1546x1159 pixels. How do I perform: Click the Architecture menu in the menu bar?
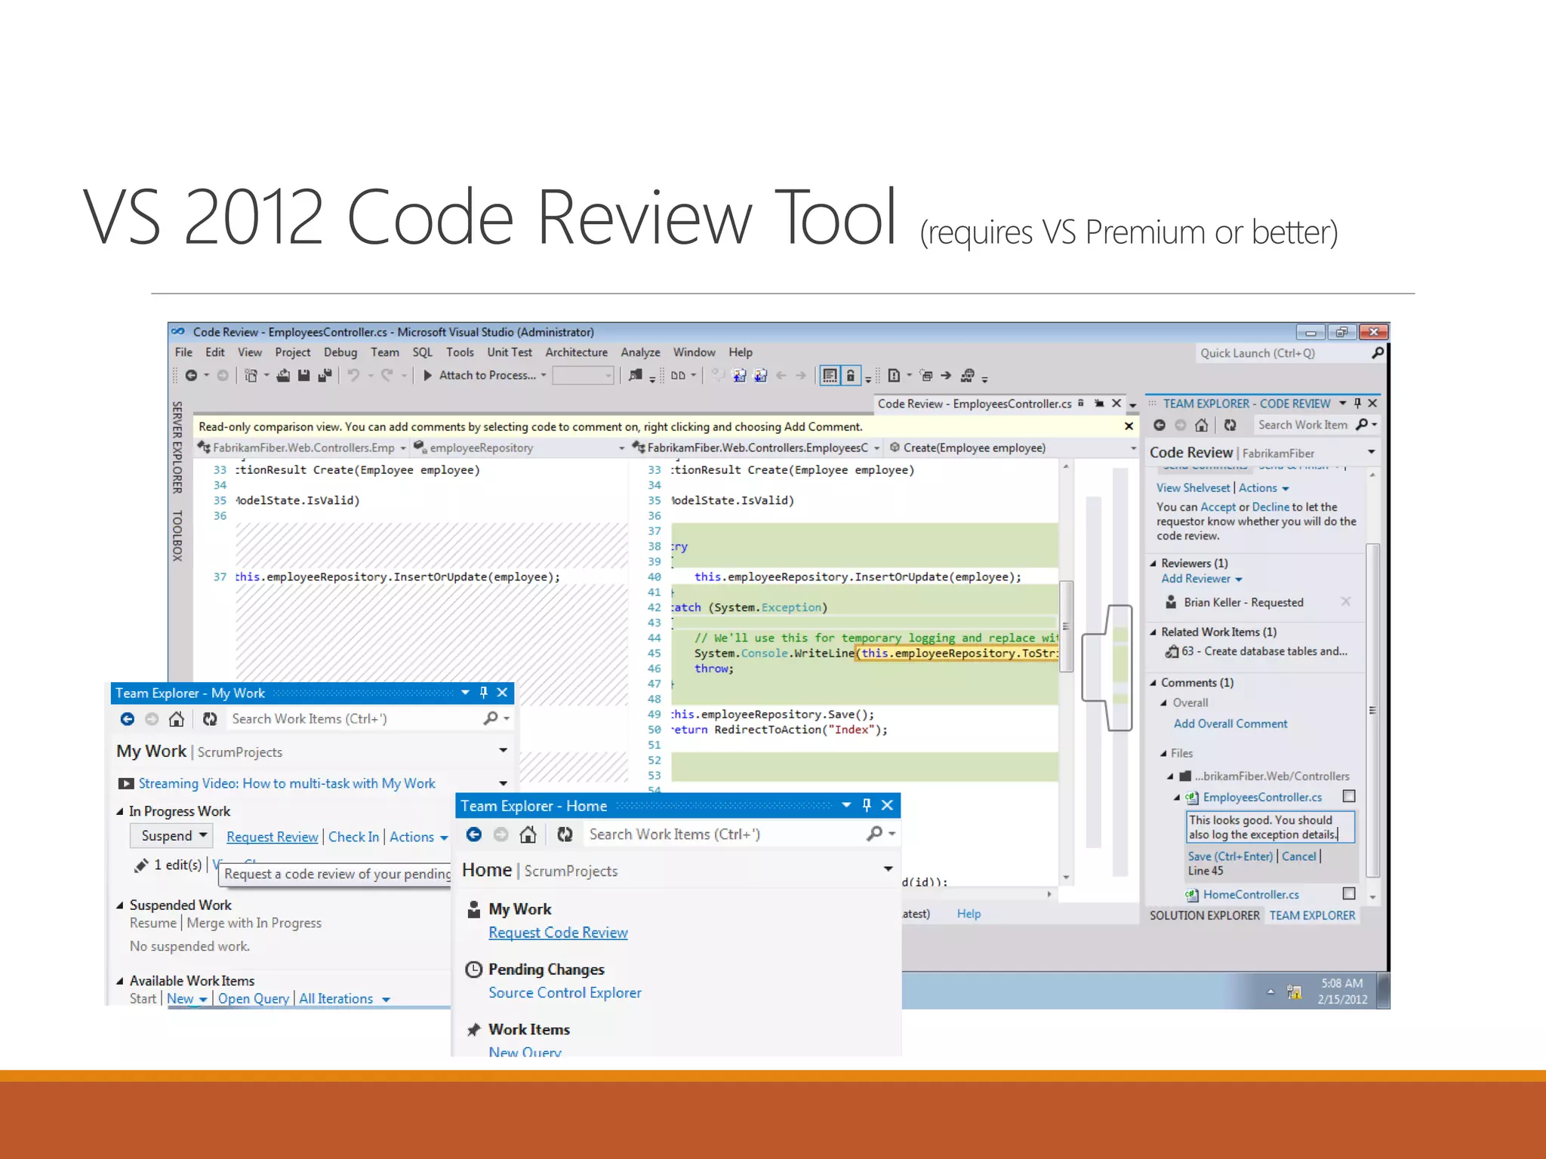pyautogui.click(x=576, y=352)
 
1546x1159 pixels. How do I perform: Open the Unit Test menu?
pyautogui.click(x=509, y=352)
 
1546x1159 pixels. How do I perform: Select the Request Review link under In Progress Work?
pyautogui.click(x=272, y=837)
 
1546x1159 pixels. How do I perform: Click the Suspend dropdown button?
pyautogui.click(x=173, y=836)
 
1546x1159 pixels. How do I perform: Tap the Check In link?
pyautogui.click(x=353, y=837)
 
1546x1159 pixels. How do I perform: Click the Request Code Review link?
pyautogui.click(x=558, y=933)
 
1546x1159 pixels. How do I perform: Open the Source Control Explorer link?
pyautogui.click(x=565, y=993)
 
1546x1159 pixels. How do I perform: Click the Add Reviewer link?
pyautogui.click(x=1196, y=579)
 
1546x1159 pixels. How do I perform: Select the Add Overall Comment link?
pyautogui.click(x=1230, y=724)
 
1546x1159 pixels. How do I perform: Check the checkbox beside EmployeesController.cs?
pyautogui.click(x=1349, y=796)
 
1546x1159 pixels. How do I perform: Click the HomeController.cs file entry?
pyautogui.click(x=1250, y=895)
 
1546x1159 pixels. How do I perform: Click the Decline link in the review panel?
pyautogui.click(x=1270, y=507)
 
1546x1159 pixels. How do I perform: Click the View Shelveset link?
pyautogui.click(x=1193, y=488)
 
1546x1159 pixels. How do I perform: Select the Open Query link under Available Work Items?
pyautogui.click(x=253, y=999)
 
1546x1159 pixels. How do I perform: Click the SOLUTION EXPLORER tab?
pyautogui.click(x=1204, y=915)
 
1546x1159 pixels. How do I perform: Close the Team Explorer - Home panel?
pyautogui.click(x=888, y=806)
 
